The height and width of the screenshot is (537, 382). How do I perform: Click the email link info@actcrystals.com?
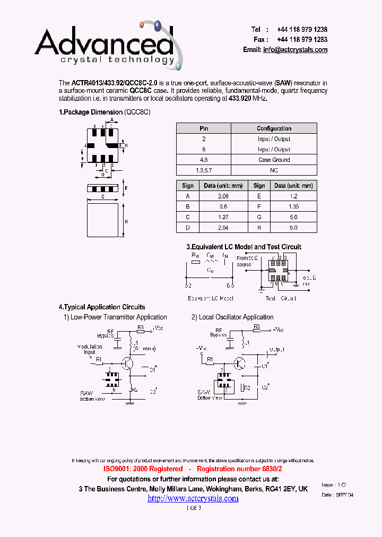point(295,50)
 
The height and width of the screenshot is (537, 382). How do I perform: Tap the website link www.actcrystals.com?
point(193,498)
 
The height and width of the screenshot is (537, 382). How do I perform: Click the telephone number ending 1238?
point(302,30)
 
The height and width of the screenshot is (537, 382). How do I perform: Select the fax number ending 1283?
point(302,40)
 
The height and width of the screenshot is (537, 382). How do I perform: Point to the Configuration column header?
point(274,128)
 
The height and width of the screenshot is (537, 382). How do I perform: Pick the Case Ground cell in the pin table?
point(274,160)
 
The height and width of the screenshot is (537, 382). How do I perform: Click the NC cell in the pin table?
point(274,170)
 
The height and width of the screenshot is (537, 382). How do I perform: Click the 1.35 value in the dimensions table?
point(293,206)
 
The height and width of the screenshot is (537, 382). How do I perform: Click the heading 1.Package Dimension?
point(91,112)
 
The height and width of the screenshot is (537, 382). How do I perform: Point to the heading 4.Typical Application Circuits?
point(102,307)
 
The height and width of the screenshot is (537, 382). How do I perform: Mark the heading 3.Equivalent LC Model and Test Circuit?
point(244,247)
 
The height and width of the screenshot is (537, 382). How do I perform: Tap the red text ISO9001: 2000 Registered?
point(140,469)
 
